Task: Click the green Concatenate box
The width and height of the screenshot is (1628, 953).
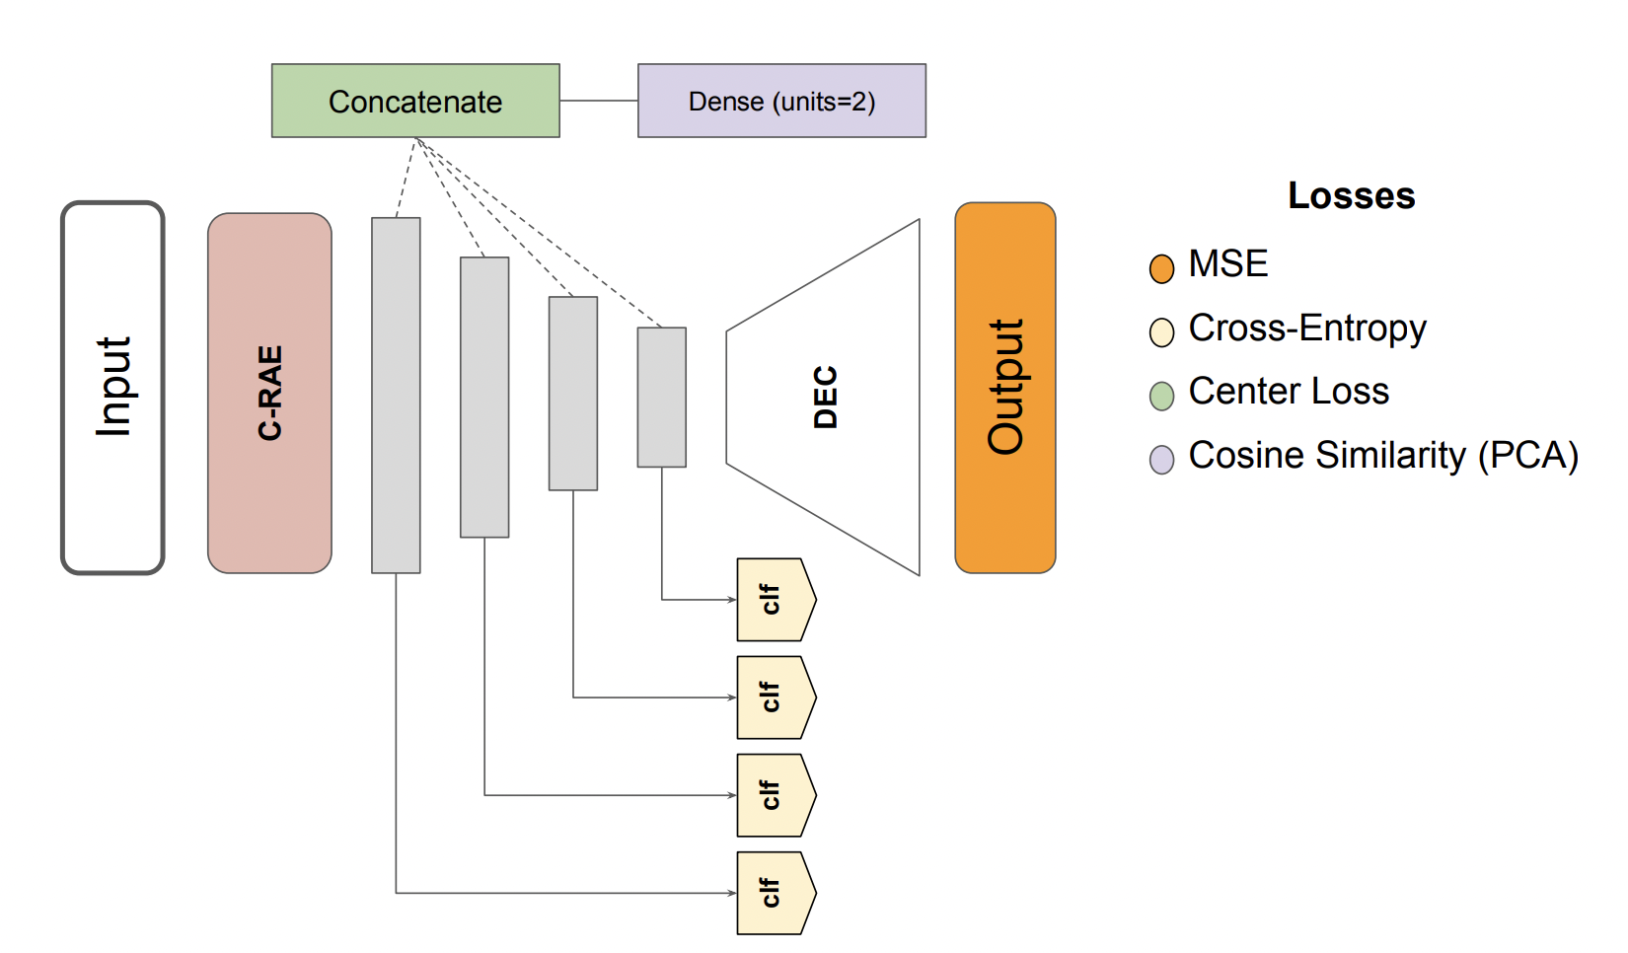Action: click(415, 101)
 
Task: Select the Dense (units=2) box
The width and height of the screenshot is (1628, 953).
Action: click(781, 101)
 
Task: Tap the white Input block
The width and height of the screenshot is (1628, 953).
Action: click(112, 388)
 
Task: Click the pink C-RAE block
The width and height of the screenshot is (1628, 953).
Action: click(269, 393)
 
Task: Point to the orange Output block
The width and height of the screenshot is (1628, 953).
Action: click(1004, 388)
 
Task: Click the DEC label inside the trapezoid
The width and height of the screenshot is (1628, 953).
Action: click(826, 397)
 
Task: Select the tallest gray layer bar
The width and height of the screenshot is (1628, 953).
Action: click(396, 395)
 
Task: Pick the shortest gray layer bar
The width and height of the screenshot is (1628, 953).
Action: click(661, 397)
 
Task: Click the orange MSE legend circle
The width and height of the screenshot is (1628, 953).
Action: click(1161, 268)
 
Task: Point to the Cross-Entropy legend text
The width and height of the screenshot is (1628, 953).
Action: click(1306, 329)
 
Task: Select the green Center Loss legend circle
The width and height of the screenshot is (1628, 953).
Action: click(1161, 396)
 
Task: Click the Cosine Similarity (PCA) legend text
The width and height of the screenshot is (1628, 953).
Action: click(1382, 456)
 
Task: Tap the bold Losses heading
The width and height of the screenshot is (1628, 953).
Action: click(1351, 195)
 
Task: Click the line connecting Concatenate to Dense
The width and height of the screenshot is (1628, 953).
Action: click(598, 101)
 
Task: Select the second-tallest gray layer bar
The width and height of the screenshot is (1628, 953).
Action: click(484, 397)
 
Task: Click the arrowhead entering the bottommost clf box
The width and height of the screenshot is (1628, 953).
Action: click(732, 893)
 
